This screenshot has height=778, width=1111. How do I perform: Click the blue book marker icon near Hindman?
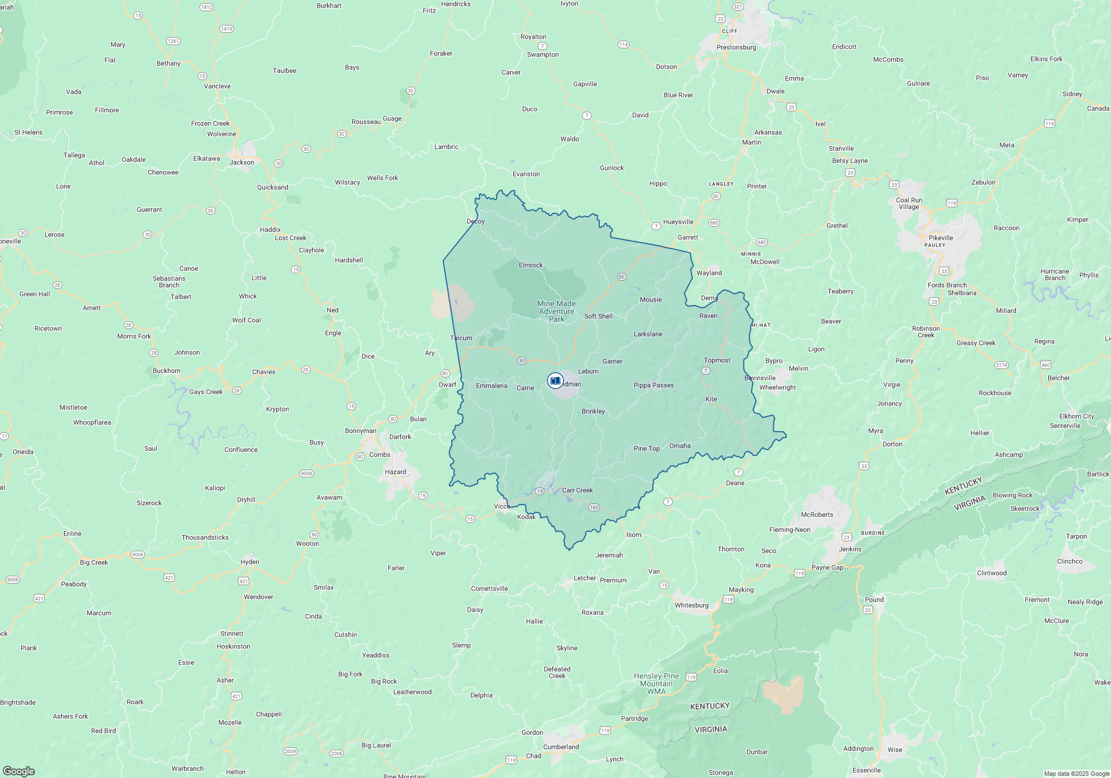(x=555, y=381)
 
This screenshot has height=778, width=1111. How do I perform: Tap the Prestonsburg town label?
(x=736, y=47)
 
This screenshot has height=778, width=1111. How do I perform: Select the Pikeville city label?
(x=940, y=238)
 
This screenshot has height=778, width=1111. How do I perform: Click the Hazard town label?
(x=396, y=472)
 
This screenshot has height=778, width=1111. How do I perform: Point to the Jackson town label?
(x=242, y=162)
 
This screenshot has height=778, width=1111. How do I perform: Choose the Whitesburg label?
(x=692, y=605)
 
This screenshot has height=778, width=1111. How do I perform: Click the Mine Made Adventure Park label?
(x=557, y=311)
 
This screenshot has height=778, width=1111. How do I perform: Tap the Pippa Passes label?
(x=654, y=385)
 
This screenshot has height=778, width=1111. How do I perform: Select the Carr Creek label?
(x=577, y=490)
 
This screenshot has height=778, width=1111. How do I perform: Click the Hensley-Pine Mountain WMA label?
(x=656, y=684)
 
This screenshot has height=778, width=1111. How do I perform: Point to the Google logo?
(x=19, y=771)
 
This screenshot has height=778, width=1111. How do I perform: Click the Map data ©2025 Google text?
(x=1077, y=774)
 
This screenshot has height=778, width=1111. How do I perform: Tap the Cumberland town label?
(x=561, y=747)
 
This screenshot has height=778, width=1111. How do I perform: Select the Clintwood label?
(x=992, y=573)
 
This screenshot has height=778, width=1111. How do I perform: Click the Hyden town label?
(x=250, y=562)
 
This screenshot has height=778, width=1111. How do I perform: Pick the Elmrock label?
(x=531, y=265)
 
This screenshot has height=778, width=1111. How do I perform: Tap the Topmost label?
(x=717, y=360)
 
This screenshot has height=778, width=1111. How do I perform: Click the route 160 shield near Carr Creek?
(x=594, y=507)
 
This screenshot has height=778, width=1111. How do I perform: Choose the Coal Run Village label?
(x=909, y=203)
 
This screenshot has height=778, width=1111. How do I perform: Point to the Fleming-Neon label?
(x=789, y=530)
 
